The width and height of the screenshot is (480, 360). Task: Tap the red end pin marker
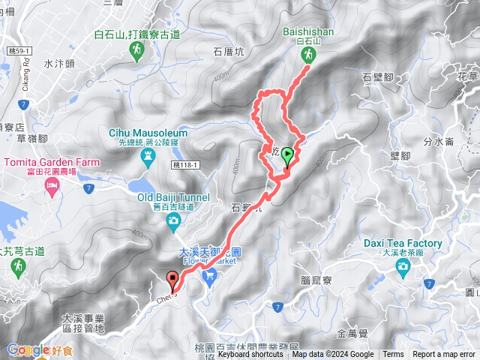click(x=174, y=281)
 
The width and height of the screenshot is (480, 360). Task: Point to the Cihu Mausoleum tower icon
click(x=148, y=154)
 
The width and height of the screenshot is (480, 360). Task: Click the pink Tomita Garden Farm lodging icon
click(x=52, y=188)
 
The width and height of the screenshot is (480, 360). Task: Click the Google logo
click(x=28, y=349)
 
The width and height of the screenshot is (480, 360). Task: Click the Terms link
click(x=393, y=355)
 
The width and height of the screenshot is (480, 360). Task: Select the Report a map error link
click(x=444, y=355)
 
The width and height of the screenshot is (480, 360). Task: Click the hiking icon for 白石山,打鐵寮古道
click(x=136, y=51)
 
